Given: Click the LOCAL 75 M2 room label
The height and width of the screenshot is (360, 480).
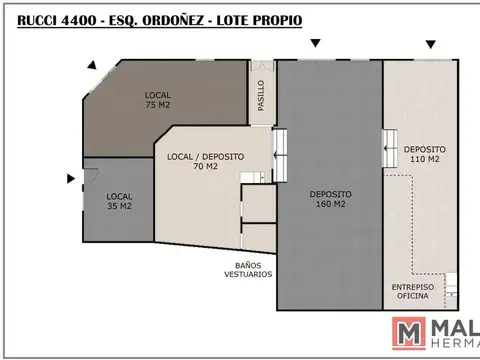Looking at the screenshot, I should (x=158, y=98).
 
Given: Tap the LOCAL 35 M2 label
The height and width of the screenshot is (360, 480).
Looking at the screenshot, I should (x=120, y=201).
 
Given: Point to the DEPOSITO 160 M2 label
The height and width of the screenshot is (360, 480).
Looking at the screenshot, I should (x=328, y=199).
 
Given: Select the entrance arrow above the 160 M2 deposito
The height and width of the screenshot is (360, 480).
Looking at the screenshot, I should (x=316, y=43).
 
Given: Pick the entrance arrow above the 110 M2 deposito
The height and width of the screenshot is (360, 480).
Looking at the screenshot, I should (x=430, y=44).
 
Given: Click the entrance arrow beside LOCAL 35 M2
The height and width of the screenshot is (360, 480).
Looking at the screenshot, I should (x=70, y=179).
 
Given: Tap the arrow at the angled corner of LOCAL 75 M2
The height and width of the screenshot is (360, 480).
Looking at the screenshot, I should (x=92, y=63).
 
